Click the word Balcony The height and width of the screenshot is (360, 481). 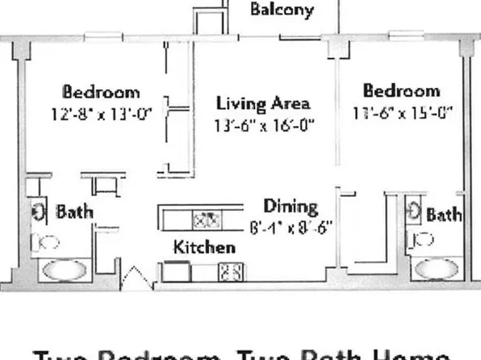[x=281, y=11]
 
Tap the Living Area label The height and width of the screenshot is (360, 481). [x=263, y=103]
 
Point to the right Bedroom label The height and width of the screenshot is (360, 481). [x=401, y=90]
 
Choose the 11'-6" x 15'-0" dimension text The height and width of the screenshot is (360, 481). [x=402, y=112]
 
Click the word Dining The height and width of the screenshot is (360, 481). [x=291, y=207]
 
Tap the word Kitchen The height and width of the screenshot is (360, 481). [x=205, y=247]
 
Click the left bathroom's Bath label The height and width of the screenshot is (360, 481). [x=73, y=212]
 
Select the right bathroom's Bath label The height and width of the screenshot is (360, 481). [x=443, y=215]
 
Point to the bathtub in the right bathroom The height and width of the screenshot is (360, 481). [x=436, y=268]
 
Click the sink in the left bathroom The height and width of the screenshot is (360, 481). [x=39, y=212]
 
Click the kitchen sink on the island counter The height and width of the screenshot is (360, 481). [x=206, y=218]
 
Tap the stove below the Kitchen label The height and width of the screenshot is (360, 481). [x=228, y=273]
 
